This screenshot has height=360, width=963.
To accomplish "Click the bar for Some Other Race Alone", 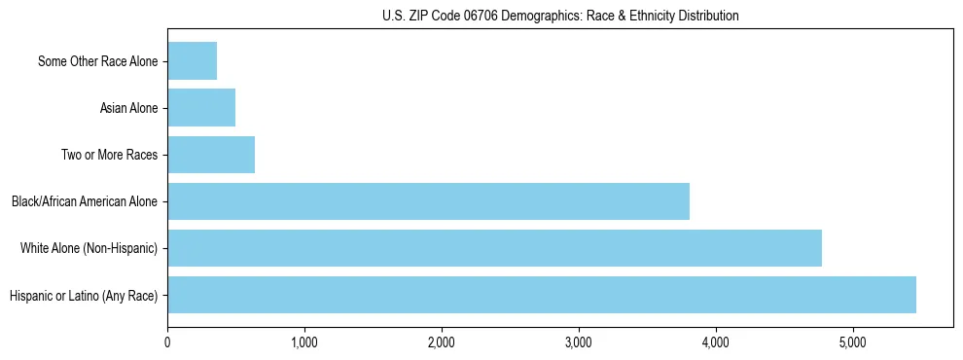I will (x=193, y=61).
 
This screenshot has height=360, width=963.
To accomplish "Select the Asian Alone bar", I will (x=201, y=108).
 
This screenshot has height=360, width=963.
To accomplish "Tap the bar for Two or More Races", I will (x=211, y=155).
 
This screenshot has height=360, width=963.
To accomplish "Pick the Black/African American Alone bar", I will (x=428, y=201).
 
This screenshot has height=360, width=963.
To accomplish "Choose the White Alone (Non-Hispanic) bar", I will (x=494, y=248).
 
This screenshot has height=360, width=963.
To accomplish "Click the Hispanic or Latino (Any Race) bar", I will (x=542, y=295).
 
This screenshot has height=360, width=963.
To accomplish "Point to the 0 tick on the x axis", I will (x=168, y=342).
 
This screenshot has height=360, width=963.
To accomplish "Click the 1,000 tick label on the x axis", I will (x=304, y=342).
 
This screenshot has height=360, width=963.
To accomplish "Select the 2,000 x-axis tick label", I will (x=442, y=342).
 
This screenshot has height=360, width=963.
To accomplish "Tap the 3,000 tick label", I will (x=579, y=342).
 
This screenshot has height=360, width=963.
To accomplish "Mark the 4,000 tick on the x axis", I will (x=716, y=342).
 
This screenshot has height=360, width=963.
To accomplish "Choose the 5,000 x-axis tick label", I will (x=853, y=342).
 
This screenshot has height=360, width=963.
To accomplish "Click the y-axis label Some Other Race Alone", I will (x=97, y=61).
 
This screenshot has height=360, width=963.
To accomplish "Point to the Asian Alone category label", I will (x=128, y=108).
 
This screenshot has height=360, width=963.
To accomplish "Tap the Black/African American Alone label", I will (x=84, y=201).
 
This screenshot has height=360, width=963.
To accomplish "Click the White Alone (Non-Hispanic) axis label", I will (x=89, y=248).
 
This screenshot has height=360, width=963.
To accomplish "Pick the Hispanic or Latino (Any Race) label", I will (x=83, y=295).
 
